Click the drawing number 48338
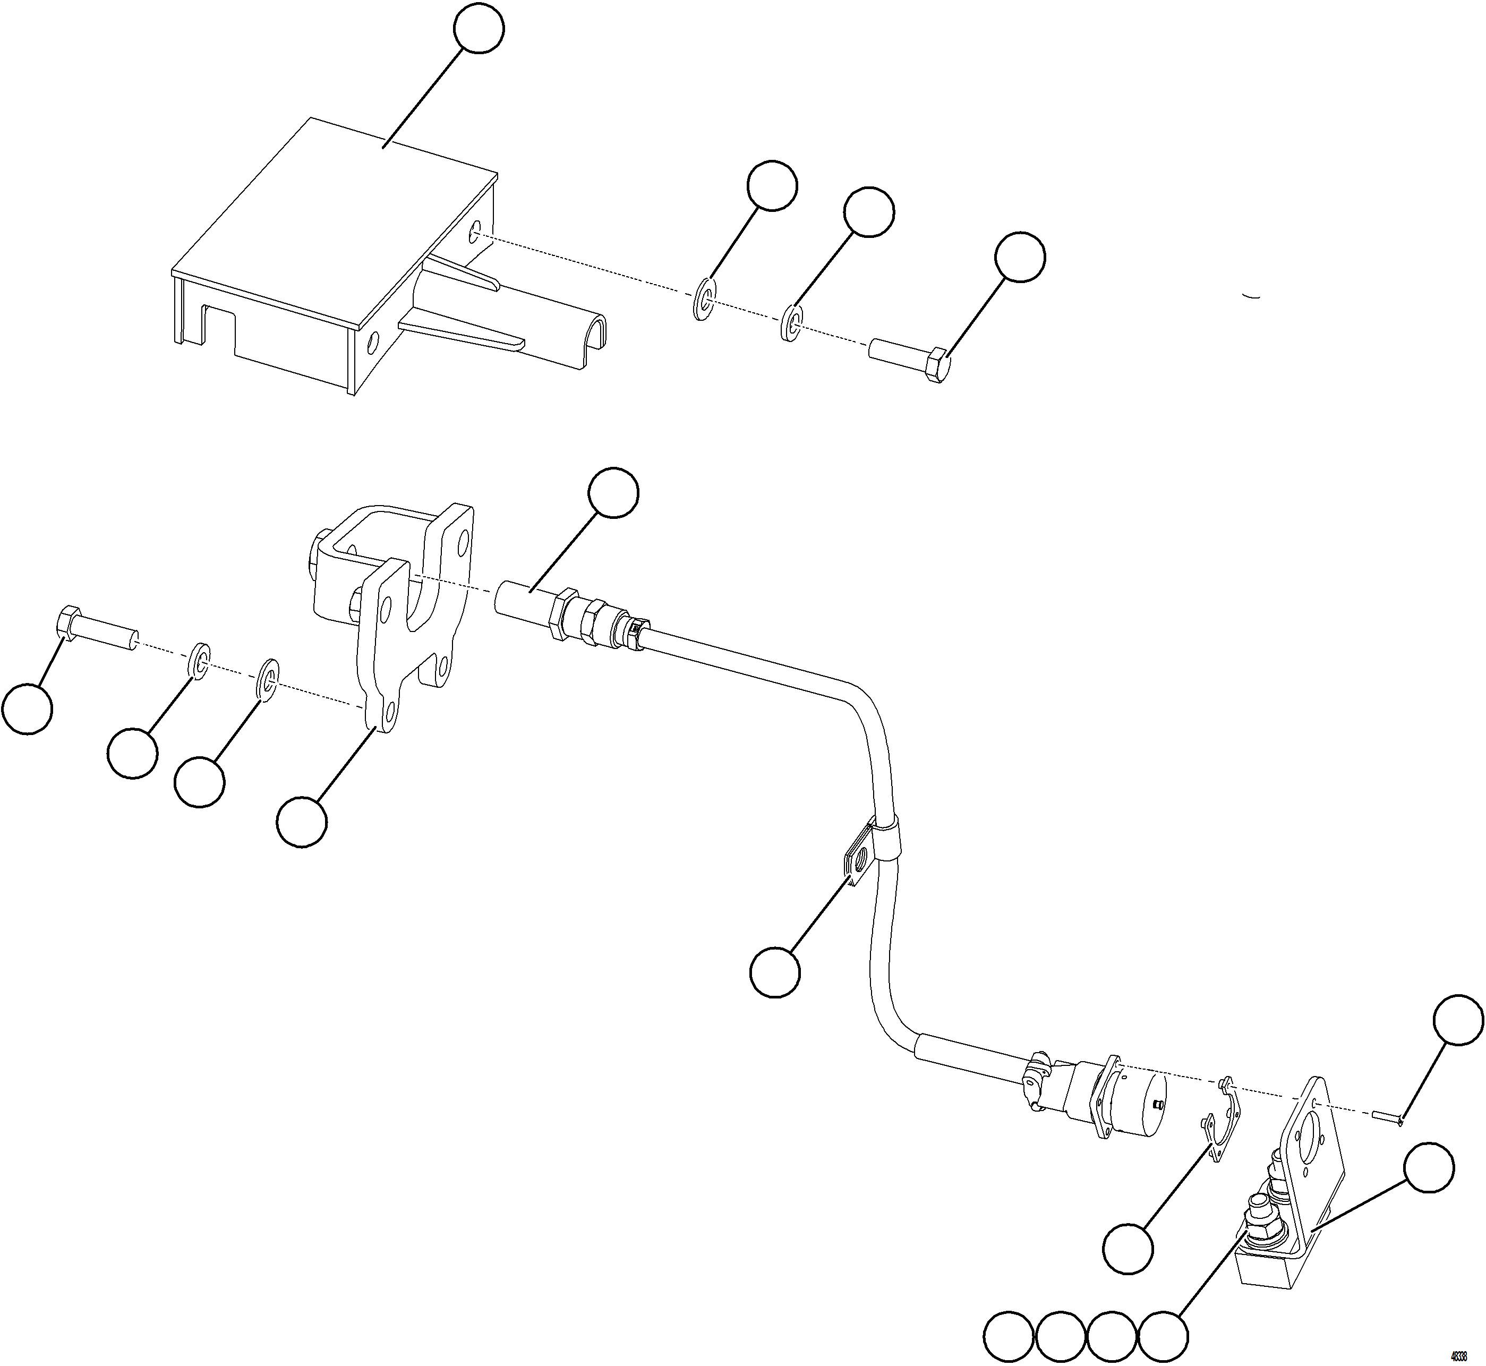[x=1458, y=1356]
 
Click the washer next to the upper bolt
[x=791, y=323]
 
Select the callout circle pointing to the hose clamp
[x=775, y=973]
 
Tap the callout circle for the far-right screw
[x=1458, y=1020]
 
